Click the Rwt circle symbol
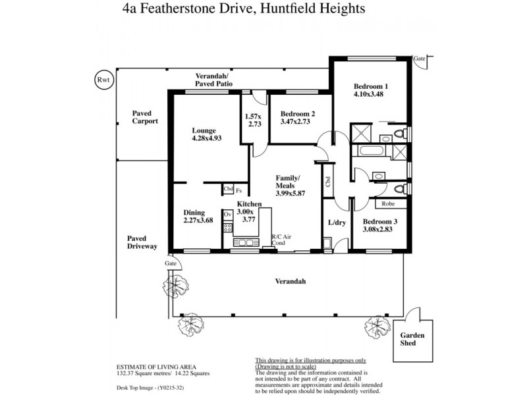[103, 80]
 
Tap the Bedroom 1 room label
[371, 86]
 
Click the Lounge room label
[204, 130]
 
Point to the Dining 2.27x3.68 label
[198, 217]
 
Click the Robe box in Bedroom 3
[388, 204]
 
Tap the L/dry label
[337, 223]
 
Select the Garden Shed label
[413, 339]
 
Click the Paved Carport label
[145, 117]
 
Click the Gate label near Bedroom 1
[420, 59]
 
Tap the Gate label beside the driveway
[171, 263]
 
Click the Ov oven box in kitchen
[228, 215]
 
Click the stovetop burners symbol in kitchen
[228, 228]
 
